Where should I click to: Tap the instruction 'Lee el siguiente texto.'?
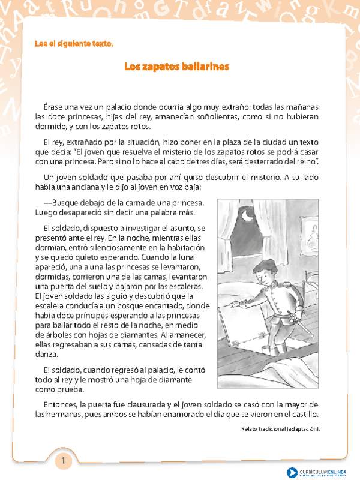(x=74, y=44)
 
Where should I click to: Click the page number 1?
(x=64, y=461)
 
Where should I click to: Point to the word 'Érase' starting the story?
(x=55, y=106)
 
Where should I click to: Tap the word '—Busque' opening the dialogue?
(x=60, y=202)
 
